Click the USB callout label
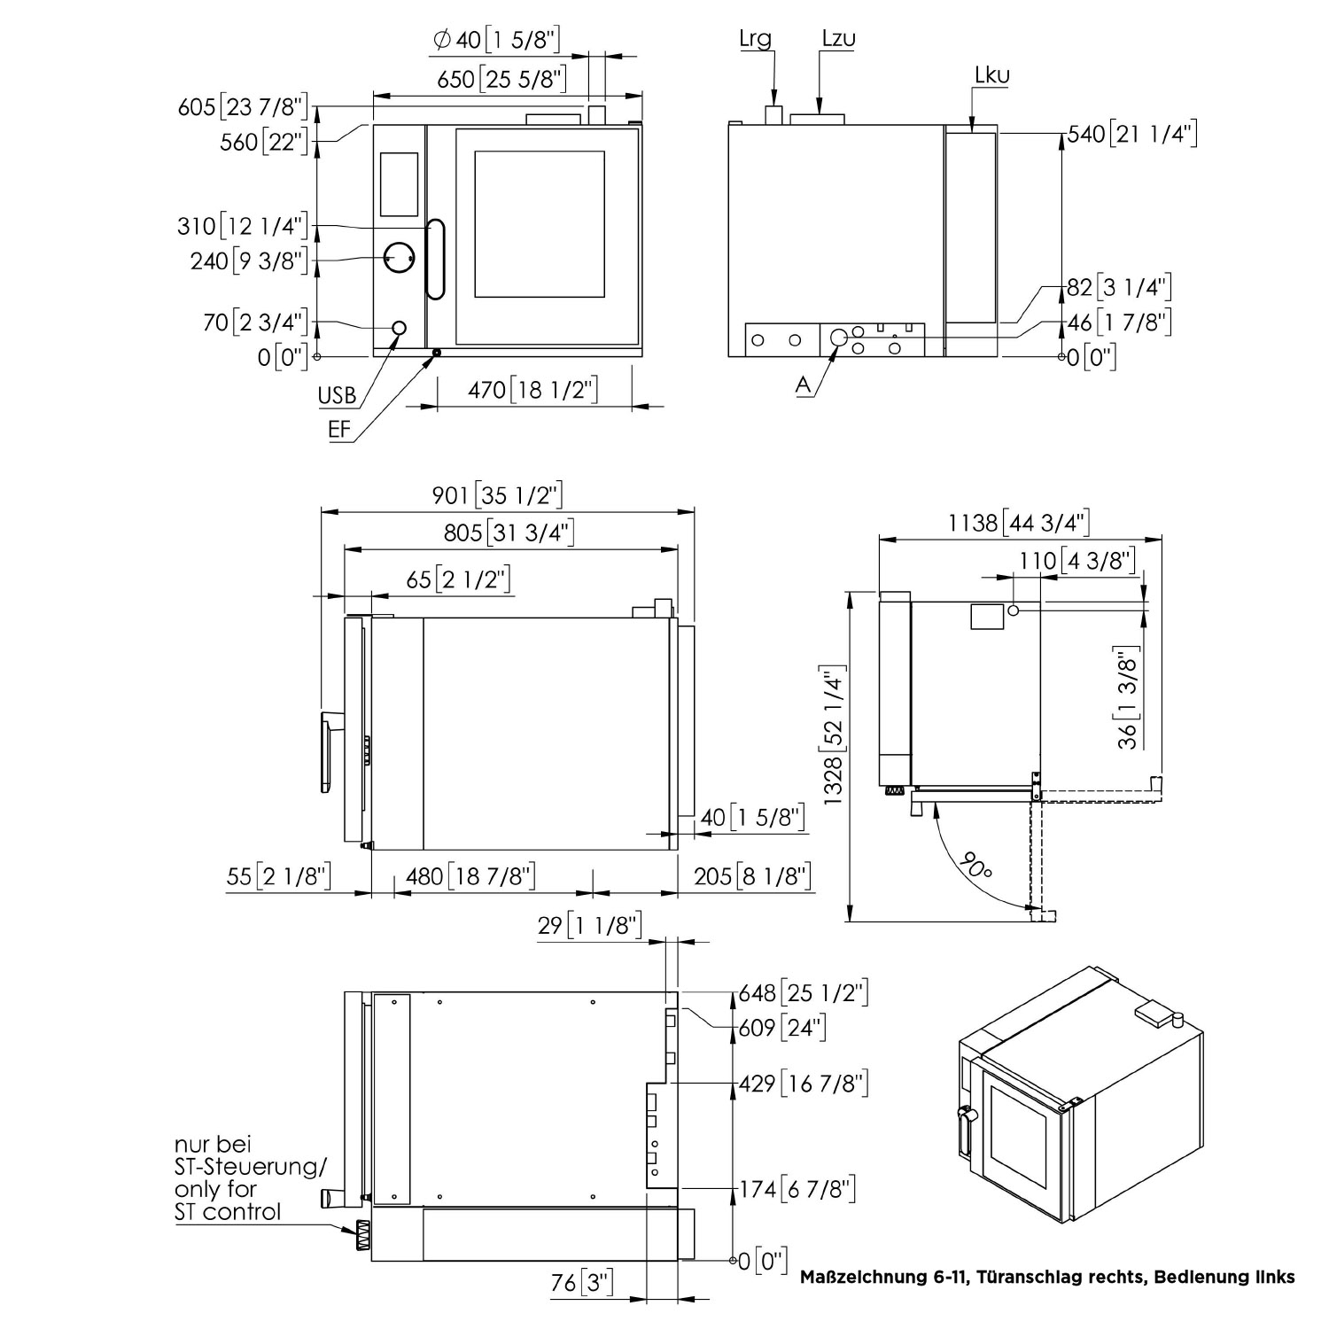tap(337, 395)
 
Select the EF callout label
tap(339, 430)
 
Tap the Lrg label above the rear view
tap(755, 40)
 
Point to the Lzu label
tap(838, 38)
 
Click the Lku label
tap(991, 75)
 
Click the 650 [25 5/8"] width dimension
tap(501, 80)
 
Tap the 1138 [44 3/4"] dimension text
tap(1019, 523)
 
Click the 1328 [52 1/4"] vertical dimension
tap(834, 735)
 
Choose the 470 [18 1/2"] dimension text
tap(532, 390)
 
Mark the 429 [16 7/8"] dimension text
tap(804, 1083)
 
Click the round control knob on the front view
tap(400, 256)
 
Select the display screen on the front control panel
tap(399, 184)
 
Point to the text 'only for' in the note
tap(216, 1189)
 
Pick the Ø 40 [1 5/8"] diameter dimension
tap(497, 39)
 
